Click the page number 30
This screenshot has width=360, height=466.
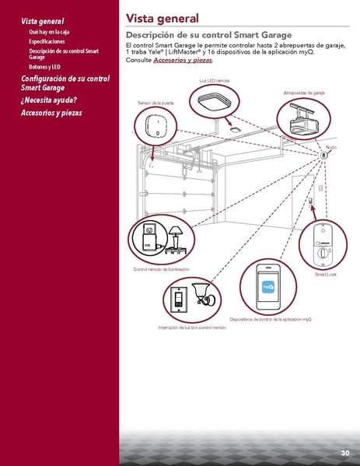pyautogui.click(x=344, y=453)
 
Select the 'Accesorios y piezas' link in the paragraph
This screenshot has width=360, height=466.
pyautogui.click(x=182, y=60)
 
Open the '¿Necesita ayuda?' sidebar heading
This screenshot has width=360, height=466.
pyautogui.click(x=49, y=100)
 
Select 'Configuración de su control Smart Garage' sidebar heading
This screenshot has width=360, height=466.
pyautogui.click(x=65, y=83)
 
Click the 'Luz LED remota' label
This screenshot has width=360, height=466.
pyautogui.click(x=214, y=81)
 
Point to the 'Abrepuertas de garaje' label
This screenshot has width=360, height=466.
pyautogui.click(x=304, y=93)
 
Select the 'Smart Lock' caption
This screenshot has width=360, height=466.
pyautogui.click(x=325, y=274)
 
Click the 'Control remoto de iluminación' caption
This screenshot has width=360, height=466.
pyautogui.click(x=162, y=268)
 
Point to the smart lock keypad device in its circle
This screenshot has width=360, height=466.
pyautogui.click(x=324, y=245)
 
